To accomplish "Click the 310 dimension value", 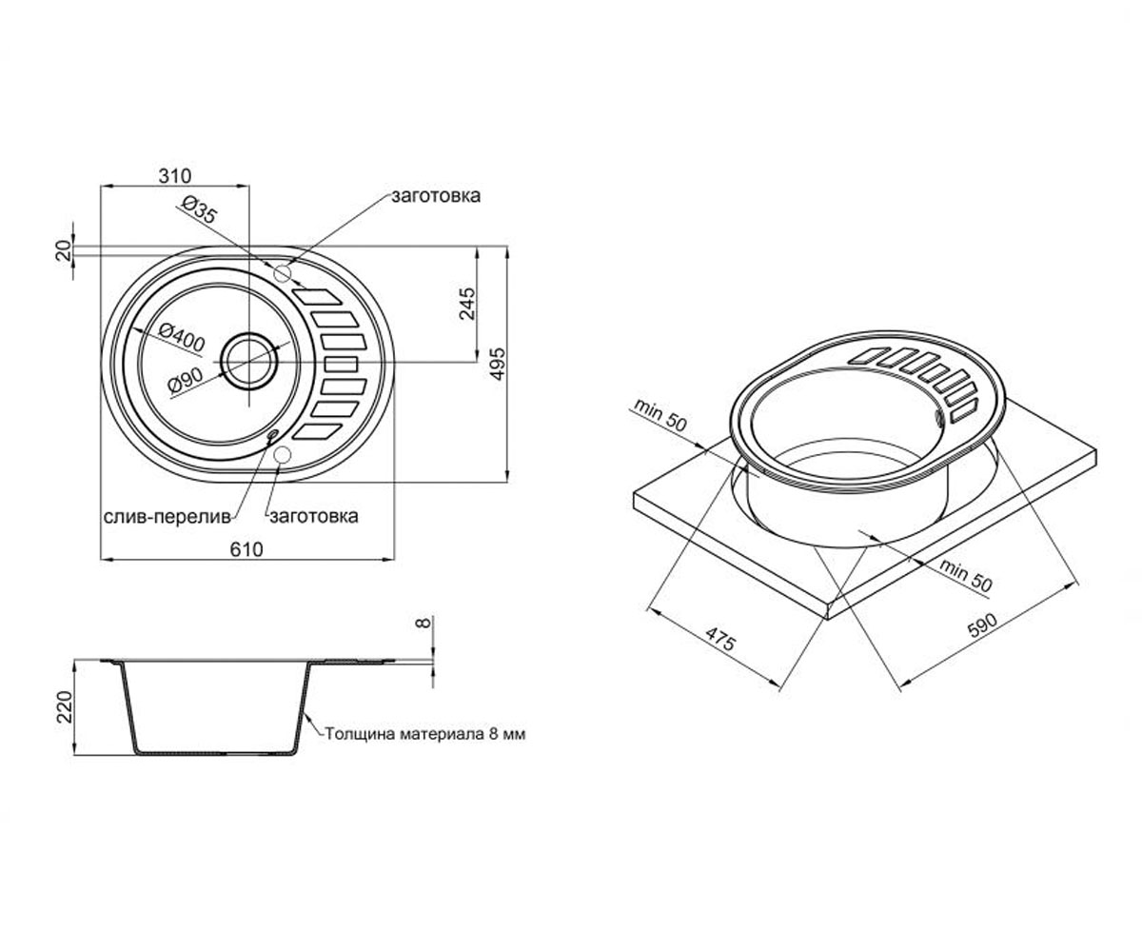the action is pos(175,176).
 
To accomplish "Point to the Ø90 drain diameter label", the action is pos(186,380).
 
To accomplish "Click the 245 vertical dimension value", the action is pos(467,305).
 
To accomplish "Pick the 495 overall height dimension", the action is pos(497,364).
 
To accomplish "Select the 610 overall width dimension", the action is pos(246,549).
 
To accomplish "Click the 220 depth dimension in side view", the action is pos(65,707).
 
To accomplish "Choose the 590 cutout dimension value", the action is pos(983,625).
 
